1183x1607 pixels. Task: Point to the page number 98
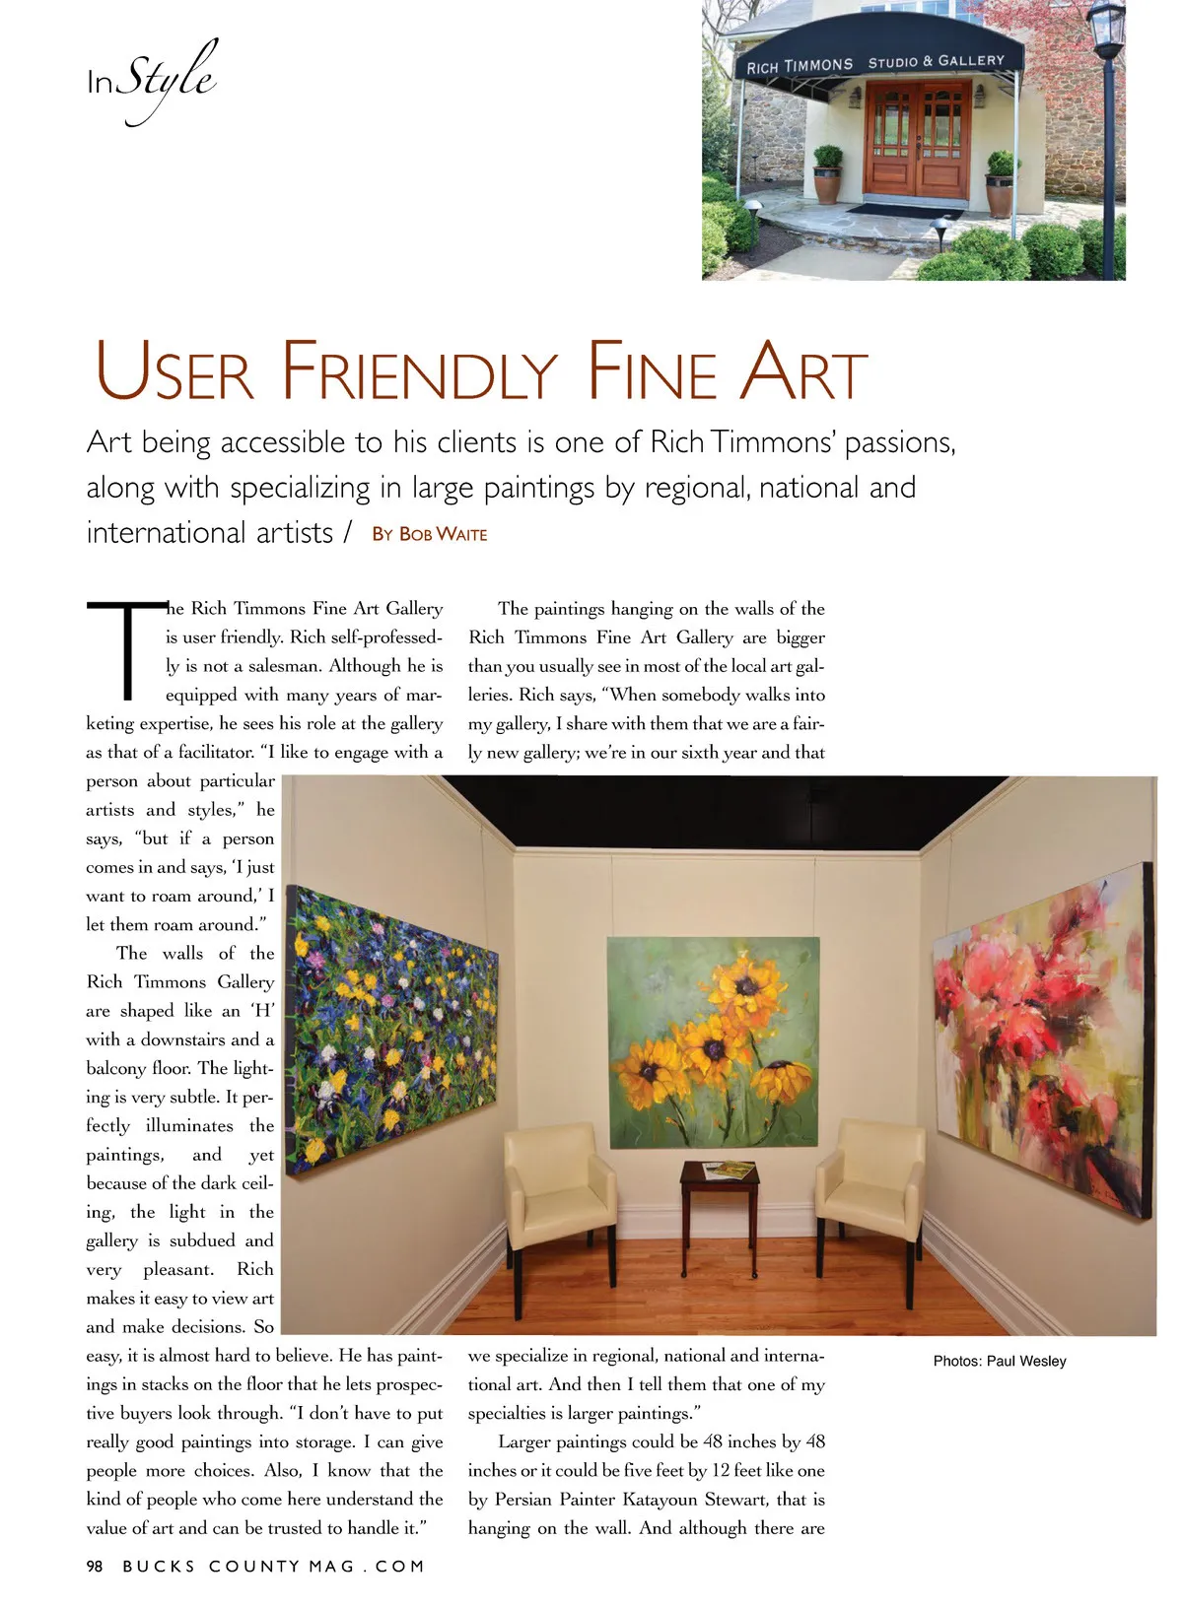click(x=95, y=1566)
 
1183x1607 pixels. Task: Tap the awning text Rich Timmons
click(x=800, y=66)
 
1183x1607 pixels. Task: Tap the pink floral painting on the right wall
click(x=1045, y=1039)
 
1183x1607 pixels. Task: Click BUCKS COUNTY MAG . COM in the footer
click(x=274, y=1566)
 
